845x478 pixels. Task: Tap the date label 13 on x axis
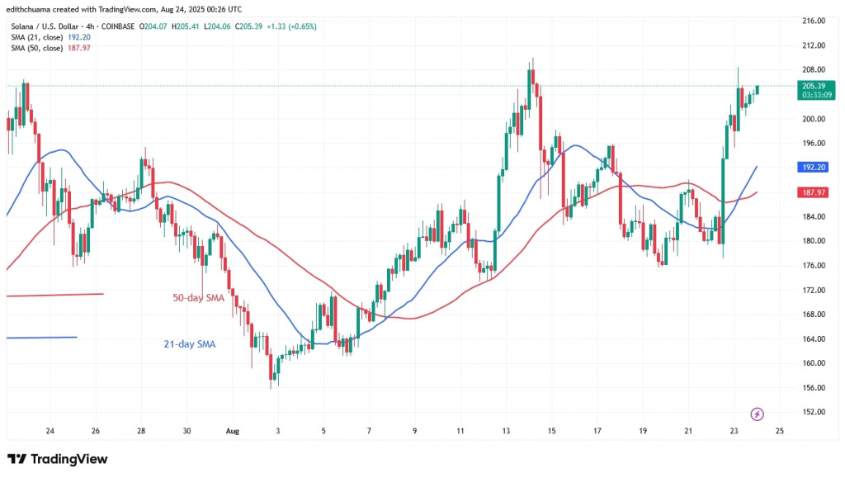506,431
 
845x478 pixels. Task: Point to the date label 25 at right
780,431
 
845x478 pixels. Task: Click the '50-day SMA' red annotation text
199,297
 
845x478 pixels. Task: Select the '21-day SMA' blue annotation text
188,343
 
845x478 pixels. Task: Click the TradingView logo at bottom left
58,459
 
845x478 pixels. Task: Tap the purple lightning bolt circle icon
758,414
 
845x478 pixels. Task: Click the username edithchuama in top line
35,8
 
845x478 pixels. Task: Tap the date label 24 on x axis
50,431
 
